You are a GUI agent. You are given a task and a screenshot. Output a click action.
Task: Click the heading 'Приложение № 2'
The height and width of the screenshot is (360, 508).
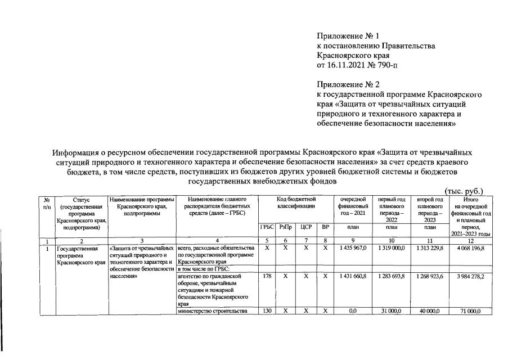click(349, 84)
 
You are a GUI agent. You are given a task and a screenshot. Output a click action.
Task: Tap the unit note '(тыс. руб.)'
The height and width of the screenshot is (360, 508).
click(464, 191)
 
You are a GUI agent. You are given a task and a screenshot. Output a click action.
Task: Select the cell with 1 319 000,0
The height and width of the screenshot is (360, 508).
click(391, 248)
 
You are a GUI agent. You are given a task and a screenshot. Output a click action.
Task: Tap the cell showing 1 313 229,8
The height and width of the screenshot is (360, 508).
click(429, 248)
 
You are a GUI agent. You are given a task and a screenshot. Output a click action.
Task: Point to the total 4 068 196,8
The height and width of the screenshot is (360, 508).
click(467, 248)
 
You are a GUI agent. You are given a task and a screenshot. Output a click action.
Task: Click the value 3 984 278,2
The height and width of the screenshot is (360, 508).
click(467, 277)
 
